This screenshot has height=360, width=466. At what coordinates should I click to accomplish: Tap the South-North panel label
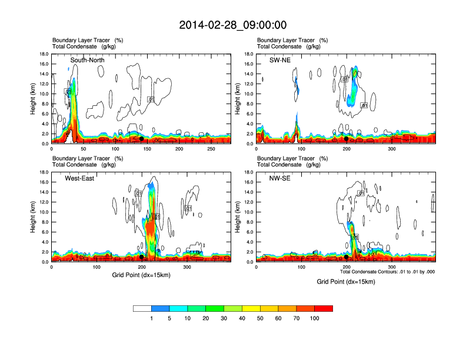point(88,60)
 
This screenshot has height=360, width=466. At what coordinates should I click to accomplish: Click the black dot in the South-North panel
point(141,139)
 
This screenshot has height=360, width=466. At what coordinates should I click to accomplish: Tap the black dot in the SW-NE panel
point(347,139)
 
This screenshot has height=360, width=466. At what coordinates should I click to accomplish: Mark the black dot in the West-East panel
point(142,257)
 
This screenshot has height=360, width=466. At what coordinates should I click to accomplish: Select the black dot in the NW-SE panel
point(347,257)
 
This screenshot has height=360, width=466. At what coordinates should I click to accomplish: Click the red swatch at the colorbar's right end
point(324,308)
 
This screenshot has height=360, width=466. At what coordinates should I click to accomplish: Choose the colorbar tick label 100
point(315,318)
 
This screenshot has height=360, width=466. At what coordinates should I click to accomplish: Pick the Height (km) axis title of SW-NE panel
point(238,99)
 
